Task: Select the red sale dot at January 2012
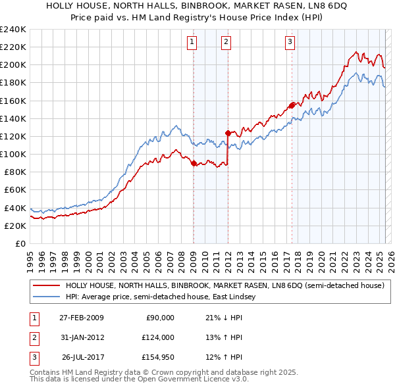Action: (228, 133)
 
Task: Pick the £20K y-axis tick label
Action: (15, 226)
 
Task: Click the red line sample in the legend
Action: (46, 286)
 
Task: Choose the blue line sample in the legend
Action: (46, 297)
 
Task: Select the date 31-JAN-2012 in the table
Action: (82, 337)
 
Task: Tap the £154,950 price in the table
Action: (157, 358)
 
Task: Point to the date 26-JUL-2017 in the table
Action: (82, 358)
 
